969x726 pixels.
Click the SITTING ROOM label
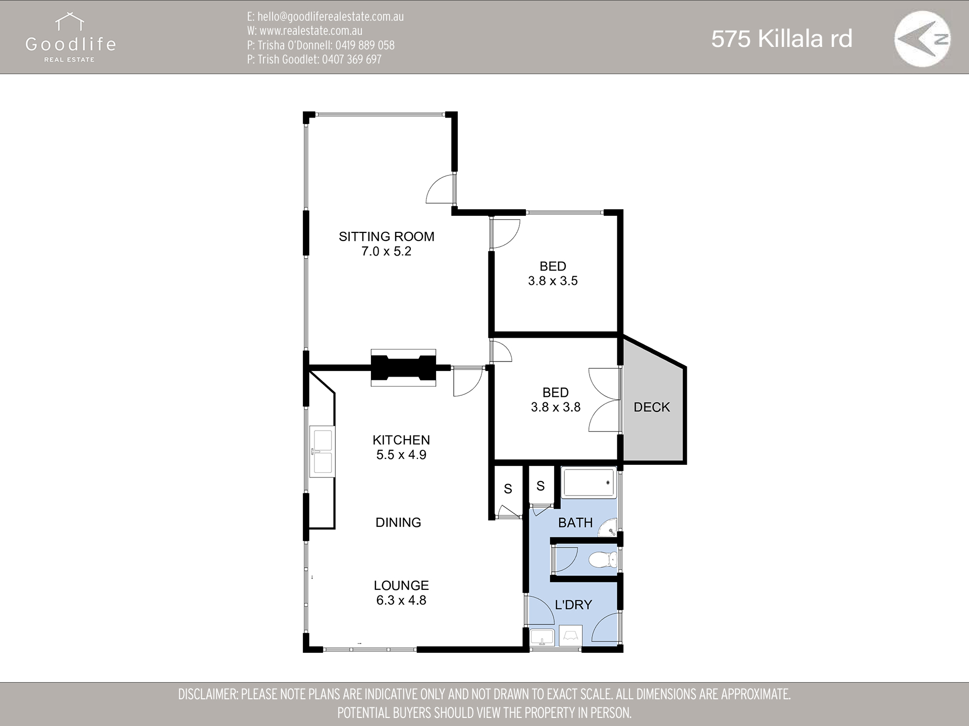point(386,236)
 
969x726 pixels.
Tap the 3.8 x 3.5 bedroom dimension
point(553,281)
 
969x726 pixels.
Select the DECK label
point(652,407)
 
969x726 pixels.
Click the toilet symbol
point(604,559)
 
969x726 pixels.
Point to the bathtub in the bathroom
point(588,483)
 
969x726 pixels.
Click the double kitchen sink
point(322,452)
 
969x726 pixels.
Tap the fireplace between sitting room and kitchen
point(403,368)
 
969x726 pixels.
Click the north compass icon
point(922,39)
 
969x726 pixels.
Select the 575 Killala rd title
point(781,39)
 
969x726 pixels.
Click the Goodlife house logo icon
point(70,23)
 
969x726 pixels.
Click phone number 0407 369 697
point(351,59)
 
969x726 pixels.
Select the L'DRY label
point(573,604)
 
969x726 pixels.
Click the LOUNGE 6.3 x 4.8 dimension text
point(401,600)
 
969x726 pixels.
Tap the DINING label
point(398,522)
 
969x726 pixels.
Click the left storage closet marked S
point(508,488)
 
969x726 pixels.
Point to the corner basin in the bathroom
point(611,530)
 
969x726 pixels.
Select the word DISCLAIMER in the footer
point(206,694)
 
